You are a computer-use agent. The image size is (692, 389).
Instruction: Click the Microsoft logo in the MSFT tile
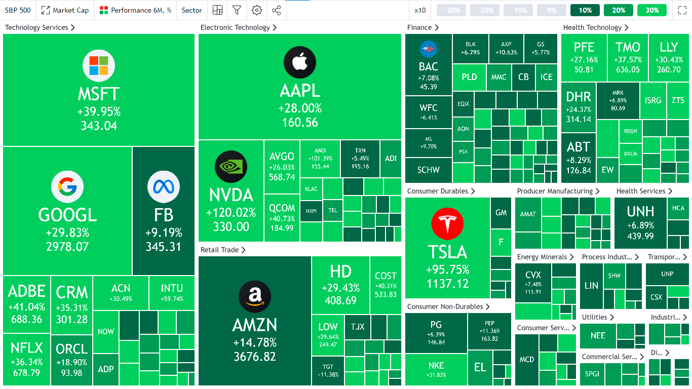coord(99,66)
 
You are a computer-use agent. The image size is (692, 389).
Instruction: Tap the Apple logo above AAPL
coord(300,62)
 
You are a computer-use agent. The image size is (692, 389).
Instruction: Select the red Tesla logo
coord(447,223)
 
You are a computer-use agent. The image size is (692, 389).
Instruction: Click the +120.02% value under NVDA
coord(231,213)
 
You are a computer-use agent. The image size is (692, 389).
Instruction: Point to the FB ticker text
coord(164,215)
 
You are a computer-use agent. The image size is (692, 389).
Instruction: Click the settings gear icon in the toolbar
coord(257,10)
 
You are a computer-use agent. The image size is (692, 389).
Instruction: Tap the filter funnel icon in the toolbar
coord(237,10)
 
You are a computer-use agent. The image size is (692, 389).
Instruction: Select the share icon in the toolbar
coord(276,10)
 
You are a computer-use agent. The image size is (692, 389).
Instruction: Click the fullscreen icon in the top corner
coord(682,10)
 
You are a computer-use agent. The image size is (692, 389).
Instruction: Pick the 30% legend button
coord(652,10)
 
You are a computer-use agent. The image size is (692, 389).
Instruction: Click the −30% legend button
coord(451,10)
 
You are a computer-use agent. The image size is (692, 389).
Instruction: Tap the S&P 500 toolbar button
coord(18,10)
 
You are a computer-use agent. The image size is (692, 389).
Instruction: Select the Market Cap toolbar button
coord(65,10)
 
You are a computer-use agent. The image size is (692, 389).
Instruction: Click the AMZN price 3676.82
coord(255,357)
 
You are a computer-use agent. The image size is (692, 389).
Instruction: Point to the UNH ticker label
coord(640,212)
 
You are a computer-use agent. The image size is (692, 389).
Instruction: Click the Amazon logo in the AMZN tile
coord(255,296)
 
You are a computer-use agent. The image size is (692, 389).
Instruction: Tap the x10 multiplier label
coord(420,10)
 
